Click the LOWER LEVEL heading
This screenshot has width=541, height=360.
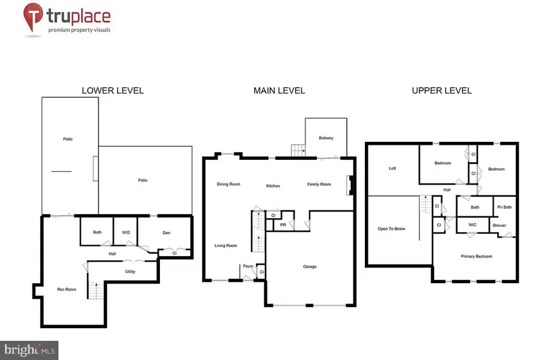tap(112, 91)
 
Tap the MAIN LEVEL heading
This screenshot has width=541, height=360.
tap(279, 91)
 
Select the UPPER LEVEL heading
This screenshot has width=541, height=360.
tap(442, 91)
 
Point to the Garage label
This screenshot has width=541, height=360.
tap(310, 266)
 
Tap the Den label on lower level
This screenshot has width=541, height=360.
tap(168, 233)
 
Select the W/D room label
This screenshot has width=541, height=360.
tap(126, 233)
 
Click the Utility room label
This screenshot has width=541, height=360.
tap(130, 271)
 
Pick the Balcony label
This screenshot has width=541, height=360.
tap(326, 138)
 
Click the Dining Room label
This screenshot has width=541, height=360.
tap(228, 184)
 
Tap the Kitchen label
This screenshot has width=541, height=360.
tap(273, 186)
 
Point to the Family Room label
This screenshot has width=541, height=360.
tap(319, 184)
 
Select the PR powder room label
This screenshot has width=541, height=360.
tap(283, 225)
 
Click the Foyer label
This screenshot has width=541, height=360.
tap(248, 266)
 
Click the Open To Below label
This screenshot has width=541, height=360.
tap(391, 228)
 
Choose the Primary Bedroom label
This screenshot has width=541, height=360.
tap(476, 257)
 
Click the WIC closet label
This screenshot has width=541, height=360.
tap(472, 225)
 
